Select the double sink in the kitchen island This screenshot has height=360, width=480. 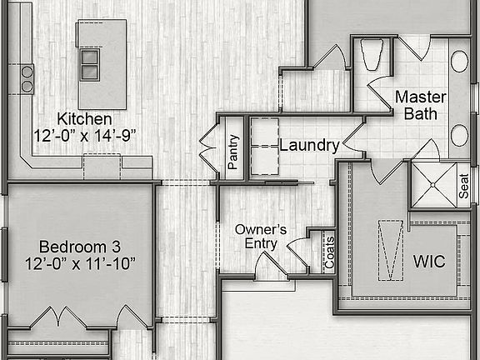click(x=89, y=62)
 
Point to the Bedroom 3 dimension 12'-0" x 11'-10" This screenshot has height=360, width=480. click(x=81, y=263)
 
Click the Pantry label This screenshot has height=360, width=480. click(x=234, y=152)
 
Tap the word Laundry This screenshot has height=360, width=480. click(x=309, y=146)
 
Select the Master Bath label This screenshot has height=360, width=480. click(x=420, y=105)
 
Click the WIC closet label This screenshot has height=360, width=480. click(x=429, y=261)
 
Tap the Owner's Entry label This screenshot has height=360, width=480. click(x=260, y=236)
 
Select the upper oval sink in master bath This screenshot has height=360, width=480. click(x=459, y=61)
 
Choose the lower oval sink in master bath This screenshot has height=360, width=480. click(x=459, y=135)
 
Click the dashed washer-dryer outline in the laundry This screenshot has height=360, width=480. click(x=264, y=147)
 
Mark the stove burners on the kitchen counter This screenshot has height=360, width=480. click(x=27, y=78)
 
